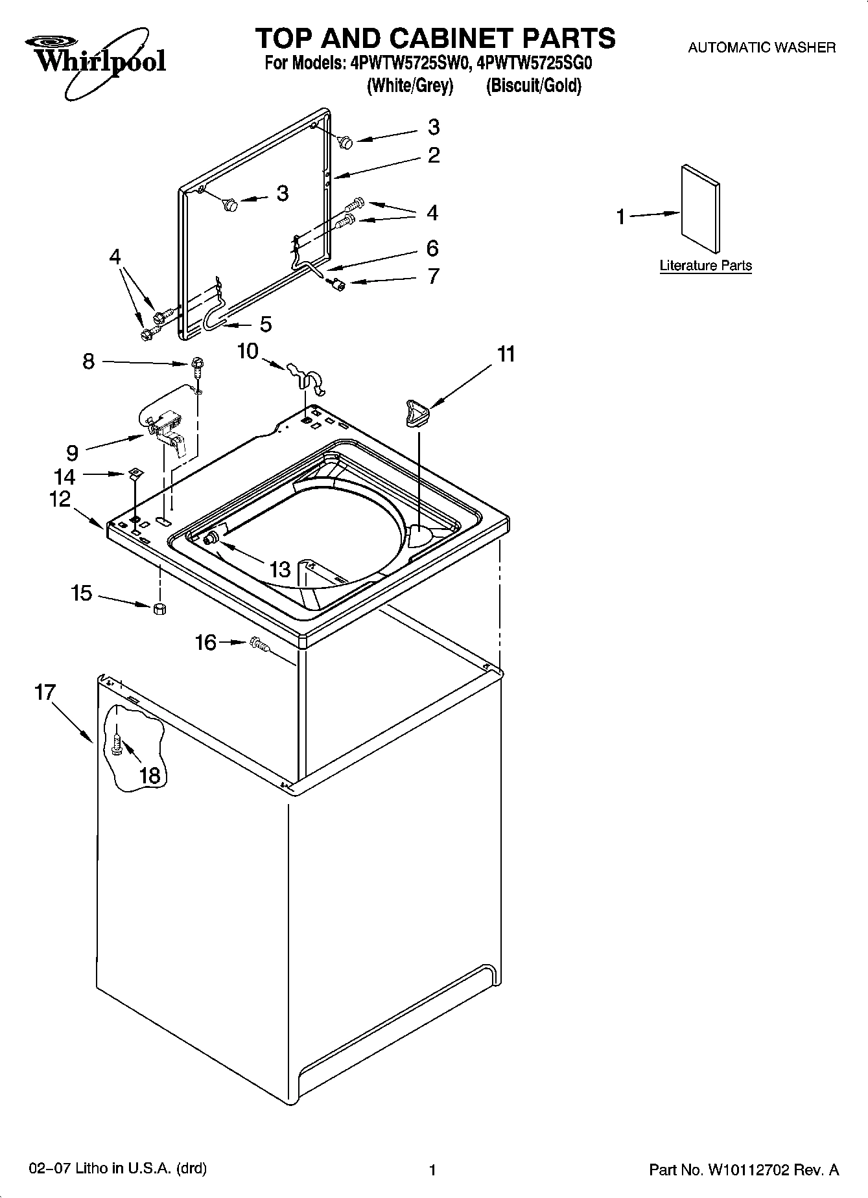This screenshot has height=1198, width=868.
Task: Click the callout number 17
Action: pos(45,692)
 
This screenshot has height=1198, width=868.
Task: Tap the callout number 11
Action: pos(506,354)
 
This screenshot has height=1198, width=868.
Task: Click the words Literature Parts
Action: pos(705,266)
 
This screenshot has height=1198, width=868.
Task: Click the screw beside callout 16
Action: pos(258,643)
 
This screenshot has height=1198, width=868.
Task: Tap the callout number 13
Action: pos(280,570)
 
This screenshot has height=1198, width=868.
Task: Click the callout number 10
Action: pos(248,351)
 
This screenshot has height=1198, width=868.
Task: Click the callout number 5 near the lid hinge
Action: pos(266,324)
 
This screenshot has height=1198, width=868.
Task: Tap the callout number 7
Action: pos(433,277)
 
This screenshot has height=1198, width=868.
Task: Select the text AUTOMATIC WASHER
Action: pos(761,47)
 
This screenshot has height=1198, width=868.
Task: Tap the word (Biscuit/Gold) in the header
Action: pos(534,86)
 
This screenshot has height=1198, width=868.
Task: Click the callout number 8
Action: pos(89,361)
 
